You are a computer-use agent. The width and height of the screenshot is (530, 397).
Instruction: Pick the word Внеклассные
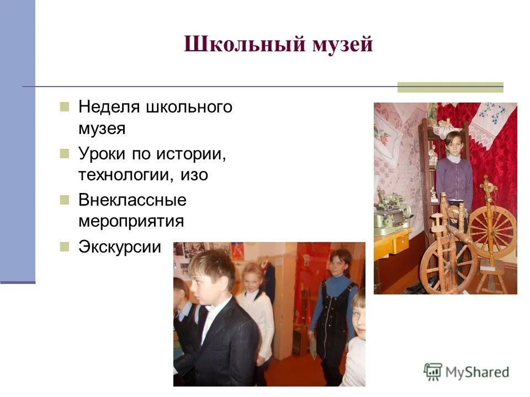pos(132,200)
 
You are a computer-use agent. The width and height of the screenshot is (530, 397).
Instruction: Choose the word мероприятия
pos(131,222)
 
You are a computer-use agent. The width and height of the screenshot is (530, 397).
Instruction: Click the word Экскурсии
pos(120,246)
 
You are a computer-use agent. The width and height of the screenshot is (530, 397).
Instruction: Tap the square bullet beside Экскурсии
pos(65,246)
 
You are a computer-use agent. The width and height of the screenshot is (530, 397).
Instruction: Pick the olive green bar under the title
pos(450,87)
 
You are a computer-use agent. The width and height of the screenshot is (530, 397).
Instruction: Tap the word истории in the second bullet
pos(195,153)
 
